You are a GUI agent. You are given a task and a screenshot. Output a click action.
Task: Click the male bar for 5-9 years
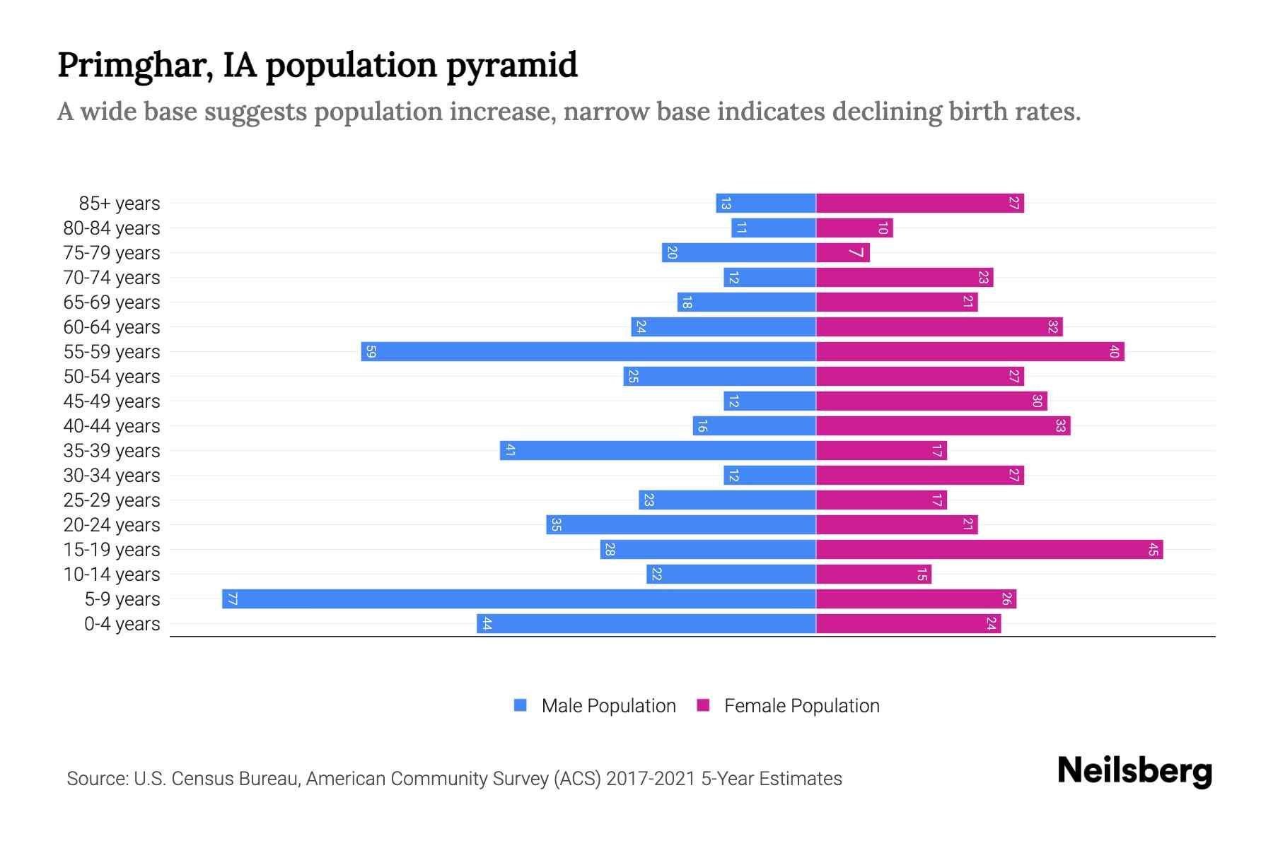coord(518,599)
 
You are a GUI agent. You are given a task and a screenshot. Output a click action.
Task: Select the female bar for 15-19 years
coord(989,549)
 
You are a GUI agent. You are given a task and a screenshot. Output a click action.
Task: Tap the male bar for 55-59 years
coord(588,351)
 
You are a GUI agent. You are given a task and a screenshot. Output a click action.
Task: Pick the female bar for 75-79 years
coord(843,252)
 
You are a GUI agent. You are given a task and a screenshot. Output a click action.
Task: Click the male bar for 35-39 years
coord(658,450)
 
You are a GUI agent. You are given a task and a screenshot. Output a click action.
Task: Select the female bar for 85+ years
coord(920,203)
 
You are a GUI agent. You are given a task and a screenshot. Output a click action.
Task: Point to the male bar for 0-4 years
coord(646,623)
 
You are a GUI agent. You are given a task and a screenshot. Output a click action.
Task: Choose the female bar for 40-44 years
coord(943,425)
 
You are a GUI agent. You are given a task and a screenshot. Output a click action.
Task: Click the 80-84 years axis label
coord(112,228)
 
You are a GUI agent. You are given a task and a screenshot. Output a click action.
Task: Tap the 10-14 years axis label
coord(112,575)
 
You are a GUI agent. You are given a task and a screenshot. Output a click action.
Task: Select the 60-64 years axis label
coord(112,327)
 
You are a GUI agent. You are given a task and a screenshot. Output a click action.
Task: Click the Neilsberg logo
coord(1134,771)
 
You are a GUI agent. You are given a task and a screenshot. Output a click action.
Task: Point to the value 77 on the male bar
coord(232,599)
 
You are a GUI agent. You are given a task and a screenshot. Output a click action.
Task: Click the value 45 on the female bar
coord(1153,549)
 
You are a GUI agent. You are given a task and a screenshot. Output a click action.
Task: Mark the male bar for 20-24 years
coord(681,524)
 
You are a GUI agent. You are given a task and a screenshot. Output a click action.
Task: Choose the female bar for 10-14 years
coord(873,574)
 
